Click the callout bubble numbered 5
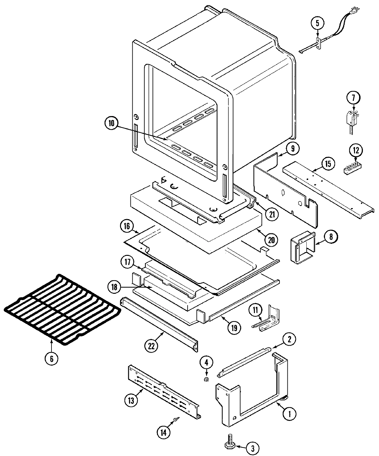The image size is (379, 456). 317,23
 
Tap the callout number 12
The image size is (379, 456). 356,151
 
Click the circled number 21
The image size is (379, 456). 272,214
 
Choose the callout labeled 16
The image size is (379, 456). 127,226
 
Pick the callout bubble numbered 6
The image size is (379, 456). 51,358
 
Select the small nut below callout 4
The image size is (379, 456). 206,379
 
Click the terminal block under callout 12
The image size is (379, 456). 352,168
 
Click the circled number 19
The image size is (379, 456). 233,327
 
